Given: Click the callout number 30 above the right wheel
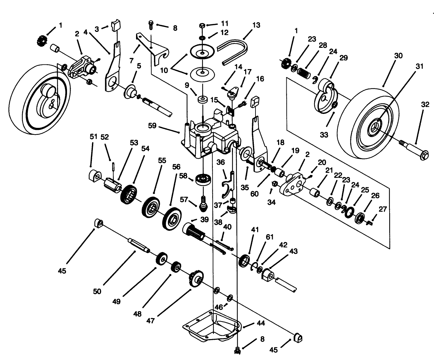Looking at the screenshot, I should (398, 56).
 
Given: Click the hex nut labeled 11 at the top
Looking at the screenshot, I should (203, 25).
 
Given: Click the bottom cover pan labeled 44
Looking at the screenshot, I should (212, 327).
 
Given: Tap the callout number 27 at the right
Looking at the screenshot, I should (383, 209).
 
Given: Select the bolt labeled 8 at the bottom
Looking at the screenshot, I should (238, 349).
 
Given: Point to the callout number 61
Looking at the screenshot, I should (269, 237).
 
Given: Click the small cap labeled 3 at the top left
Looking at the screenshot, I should (116, 25).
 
